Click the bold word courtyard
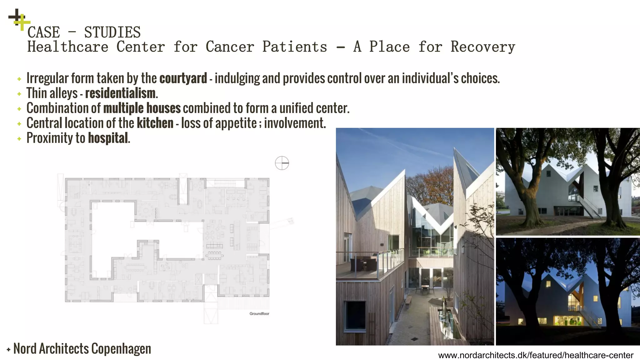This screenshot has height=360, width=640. (183, 78)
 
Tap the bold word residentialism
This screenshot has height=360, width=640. (120, 93)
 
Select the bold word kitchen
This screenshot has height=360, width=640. (155, 123)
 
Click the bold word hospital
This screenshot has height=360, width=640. (108, 138)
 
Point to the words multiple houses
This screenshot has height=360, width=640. (142, 108)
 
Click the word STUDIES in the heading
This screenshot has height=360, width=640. (112, 32)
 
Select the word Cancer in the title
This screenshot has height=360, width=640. (230, 47)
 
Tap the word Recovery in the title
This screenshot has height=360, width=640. (482, 47)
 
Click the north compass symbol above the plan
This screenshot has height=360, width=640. (282, 163)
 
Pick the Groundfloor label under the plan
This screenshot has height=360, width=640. (259, 313)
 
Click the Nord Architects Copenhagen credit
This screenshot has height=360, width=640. (82, 349)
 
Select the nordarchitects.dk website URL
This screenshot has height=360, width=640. (536, 355)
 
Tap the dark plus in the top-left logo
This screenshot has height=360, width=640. (14, 16)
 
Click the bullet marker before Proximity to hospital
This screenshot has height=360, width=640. (19, 138)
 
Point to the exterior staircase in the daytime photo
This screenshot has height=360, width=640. (589, 206)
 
